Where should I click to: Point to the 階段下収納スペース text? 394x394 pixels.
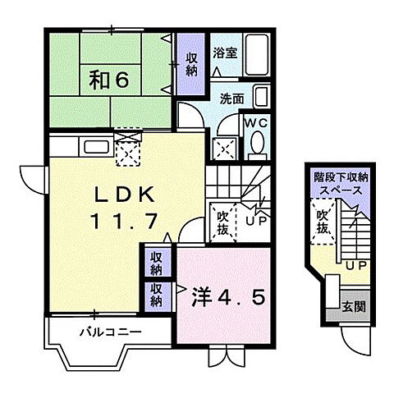pyautogui.click(x=341, y=181)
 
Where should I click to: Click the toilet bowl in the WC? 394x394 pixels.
pyautogui.click(x=256, y=146)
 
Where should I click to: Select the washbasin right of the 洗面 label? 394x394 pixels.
pyautogui.click(x=260, y=97)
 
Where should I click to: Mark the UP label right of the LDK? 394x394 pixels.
pyautogui.click(x=256, y=220)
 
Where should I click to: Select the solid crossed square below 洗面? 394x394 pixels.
pyautogui.click(x=223, y=148)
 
